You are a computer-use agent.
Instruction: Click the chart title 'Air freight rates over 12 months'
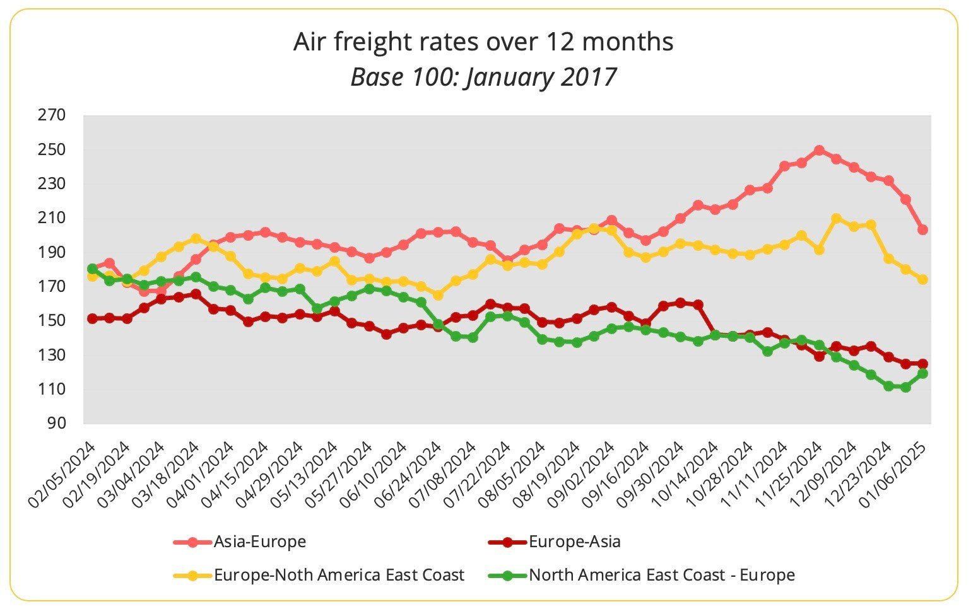click(483, 42)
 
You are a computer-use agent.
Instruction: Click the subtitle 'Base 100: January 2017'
click(483, 77)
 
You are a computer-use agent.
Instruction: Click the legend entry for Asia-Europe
click(259, 542)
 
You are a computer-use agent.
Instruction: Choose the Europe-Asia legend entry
click(574, 542)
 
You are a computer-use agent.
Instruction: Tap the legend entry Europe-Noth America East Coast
click(339, 575)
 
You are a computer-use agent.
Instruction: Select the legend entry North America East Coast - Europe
click(661, 575)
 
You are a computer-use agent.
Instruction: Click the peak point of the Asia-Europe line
click(819, 150)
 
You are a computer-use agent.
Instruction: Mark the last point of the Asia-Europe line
click(922, 229)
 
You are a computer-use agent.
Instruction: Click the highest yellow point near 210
click(836, 218)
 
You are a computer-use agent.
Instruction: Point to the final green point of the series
click(922, 373)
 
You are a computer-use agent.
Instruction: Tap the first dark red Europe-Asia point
click(92, 318)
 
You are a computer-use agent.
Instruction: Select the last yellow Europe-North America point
click(922, 279)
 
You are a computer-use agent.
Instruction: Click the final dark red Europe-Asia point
click(922, 364)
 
